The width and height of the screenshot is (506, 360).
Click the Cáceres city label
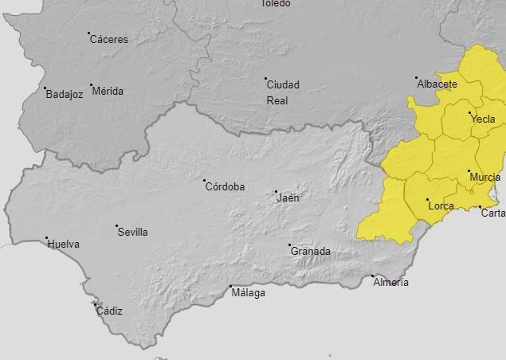point(108,39)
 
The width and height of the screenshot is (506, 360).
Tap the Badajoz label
point(65,94)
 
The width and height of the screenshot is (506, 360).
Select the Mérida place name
point(108,91)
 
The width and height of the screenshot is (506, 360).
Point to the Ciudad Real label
point(283,92)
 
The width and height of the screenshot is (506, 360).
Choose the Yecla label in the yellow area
point(483,119)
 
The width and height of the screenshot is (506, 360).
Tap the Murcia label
point(485,177)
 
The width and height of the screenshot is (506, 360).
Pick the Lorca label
point(441,206)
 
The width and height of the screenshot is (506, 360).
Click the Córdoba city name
point(226,187)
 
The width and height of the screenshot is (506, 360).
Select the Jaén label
point(288,198)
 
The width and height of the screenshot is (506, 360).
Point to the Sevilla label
point(132,233)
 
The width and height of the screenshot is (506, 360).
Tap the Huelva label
point(64,245)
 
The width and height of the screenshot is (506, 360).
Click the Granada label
point(311,252)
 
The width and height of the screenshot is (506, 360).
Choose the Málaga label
point(249,292)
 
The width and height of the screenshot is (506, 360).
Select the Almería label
point(390,283)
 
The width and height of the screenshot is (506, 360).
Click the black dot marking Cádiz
point(95,303)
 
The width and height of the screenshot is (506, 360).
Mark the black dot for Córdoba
point(204,181)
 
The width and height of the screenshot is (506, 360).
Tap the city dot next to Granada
point(289,245)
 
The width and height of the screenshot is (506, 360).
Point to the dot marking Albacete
point(416,78)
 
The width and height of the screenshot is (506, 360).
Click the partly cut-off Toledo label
point(276,3)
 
